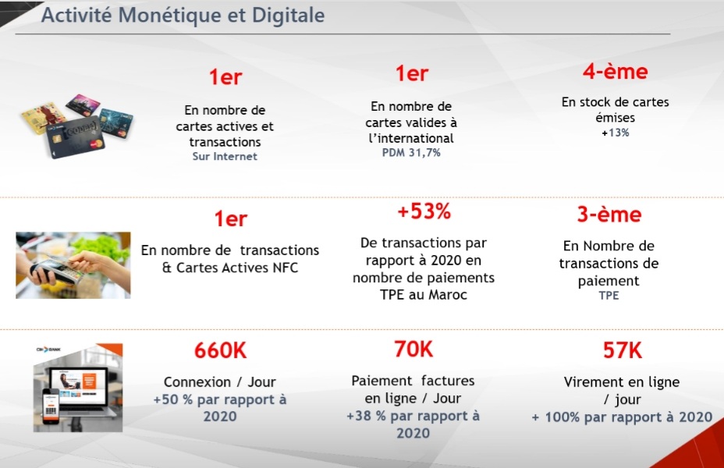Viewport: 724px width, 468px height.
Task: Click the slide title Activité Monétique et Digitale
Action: [x=183, y=16]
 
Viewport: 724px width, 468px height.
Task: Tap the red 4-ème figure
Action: [x=615, y=72]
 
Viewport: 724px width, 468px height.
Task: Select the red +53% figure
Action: [x=424, y=211]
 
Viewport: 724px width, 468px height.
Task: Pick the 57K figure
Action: [x=622, y=351]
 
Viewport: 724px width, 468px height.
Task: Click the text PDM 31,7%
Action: [x=411, y=153]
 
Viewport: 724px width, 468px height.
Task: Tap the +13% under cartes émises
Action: [x=615, y=133]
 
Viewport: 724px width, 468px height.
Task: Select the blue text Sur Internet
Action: [x=225, y=156]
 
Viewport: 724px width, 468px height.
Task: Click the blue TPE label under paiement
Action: [x=609, y=296]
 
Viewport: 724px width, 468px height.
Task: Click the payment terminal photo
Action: [x=73, y=264]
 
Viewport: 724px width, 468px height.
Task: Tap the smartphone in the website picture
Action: [x=50, y=409]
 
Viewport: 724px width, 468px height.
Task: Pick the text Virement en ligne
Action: [x=621, y=382]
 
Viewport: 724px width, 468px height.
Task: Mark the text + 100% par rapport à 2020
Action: [x=621, y=417]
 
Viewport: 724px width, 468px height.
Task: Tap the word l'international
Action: [x=411, y=138]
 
